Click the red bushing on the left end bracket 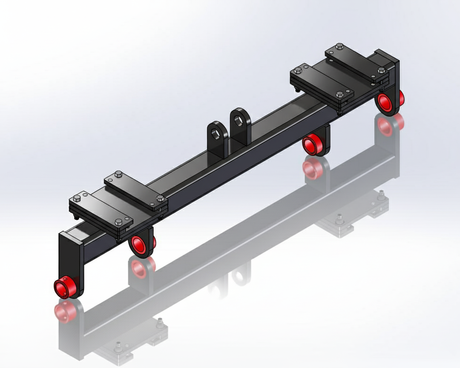coord(65,288)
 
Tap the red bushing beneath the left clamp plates coord(139,244)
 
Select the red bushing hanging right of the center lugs coord(313,144)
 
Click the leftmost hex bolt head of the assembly coord(77,198)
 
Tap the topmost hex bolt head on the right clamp coord(339,46)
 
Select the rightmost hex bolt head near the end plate coord(381,70)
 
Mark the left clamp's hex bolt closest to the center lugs coord(160,198)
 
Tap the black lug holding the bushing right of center coord(325,138)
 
